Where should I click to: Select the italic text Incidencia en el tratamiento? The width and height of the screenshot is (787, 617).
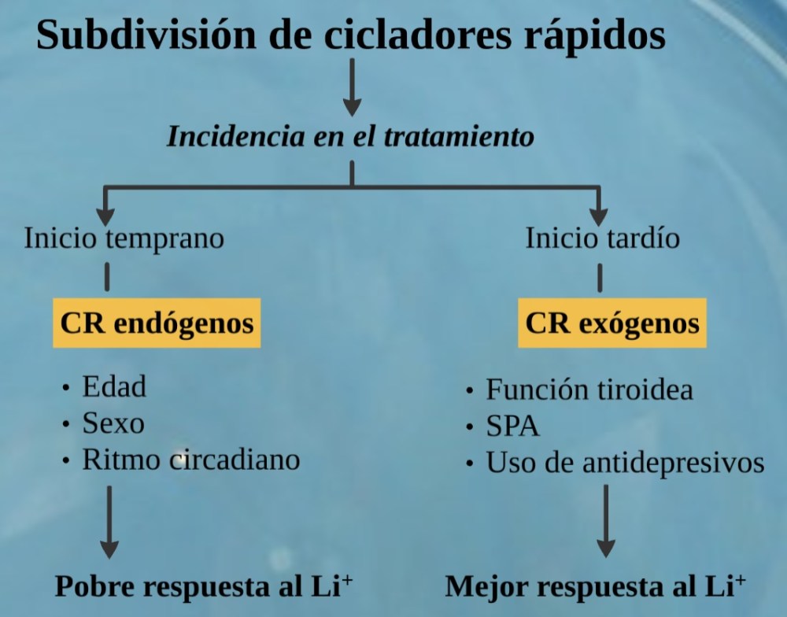(351, 137)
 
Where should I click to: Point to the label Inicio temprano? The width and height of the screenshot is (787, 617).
(124, 238)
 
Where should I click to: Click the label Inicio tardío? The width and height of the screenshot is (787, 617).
(602, 238)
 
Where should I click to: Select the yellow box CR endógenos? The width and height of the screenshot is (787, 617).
(157, 323)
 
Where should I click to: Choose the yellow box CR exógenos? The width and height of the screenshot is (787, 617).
(611, 323)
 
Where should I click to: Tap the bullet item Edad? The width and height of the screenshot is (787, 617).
(114, 386)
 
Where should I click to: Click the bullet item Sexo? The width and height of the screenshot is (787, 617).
(113, 423)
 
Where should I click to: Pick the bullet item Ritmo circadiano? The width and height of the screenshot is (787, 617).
(190, 460)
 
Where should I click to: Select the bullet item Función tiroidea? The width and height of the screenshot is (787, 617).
(589, 390)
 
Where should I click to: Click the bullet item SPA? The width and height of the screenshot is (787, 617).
(512, 427)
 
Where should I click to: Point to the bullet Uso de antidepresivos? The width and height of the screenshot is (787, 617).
(625, 463)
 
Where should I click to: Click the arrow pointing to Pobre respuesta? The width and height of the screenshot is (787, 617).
(109, 523)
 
